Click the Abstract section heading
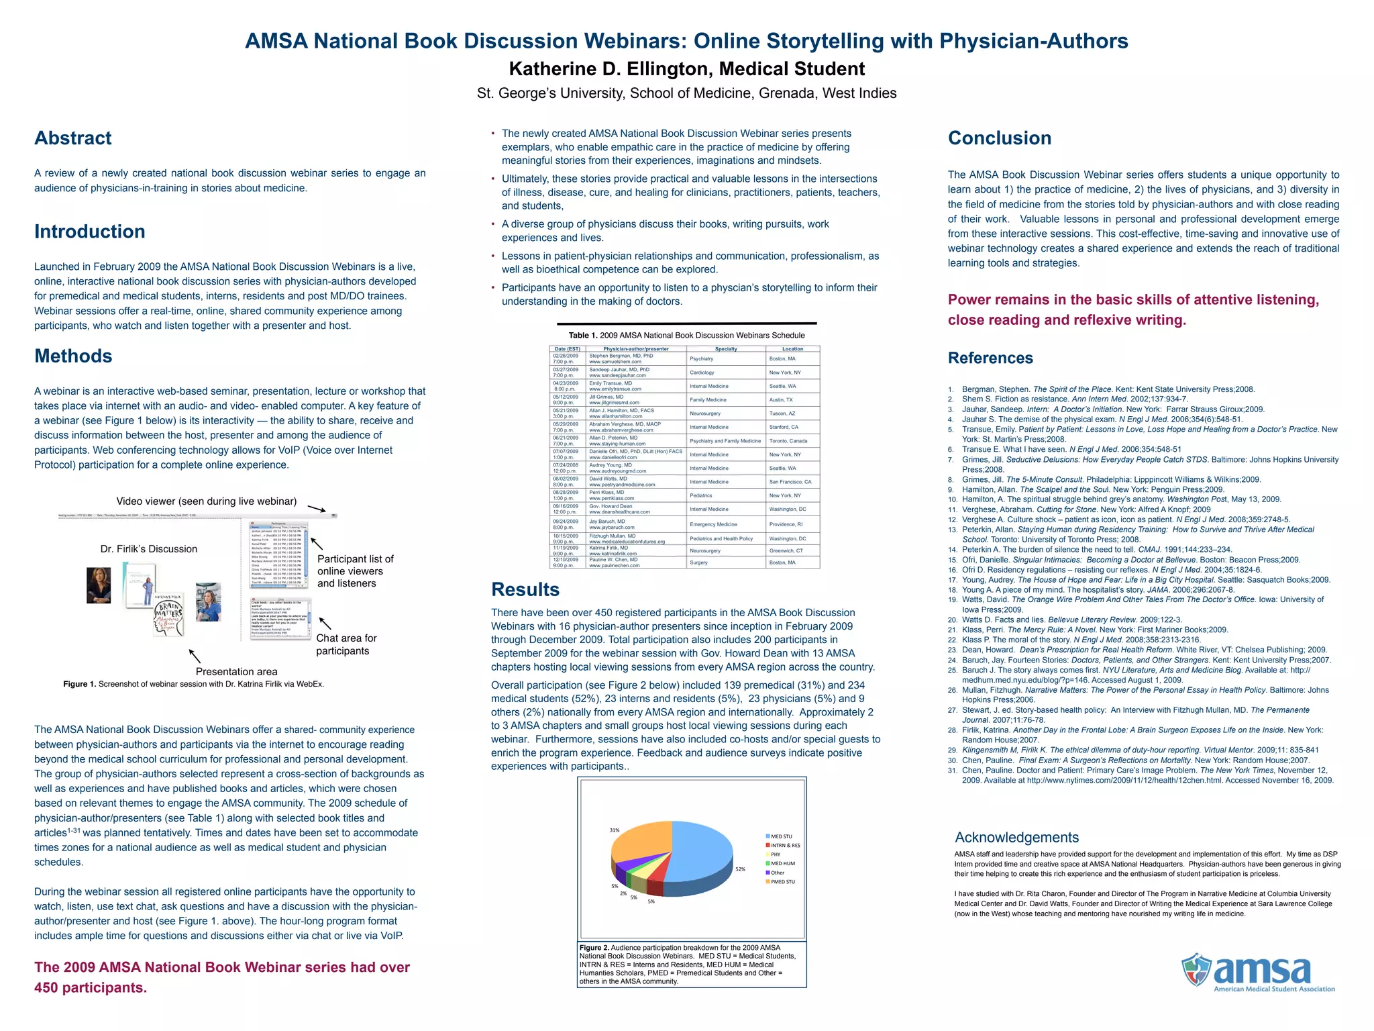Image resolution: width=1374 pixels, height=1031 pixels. click(x=73, y=138)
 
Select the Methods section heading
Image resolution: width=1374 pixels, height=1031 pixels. click(x=73, y=356)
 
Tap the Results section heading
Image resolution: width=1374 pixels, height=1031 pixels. click(x=525, y=589)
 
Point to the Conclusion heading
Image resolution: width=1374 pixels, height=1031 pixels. click(x=999, y=138)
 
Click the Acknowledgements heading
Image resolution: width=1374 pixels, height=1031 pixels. click(x=1016, y=838)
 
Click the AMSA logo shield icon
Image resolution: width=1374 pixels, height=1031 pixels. click(x=1196, y=970)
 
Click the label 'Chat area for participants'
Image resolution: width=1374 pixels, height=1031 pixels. click(x=346, y=644)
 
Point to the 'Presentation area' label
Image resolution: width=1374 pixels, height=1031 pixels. click(x=236, y=672)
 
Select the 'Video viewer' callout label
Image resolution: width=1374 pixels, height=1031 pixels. click(x=207, y=501)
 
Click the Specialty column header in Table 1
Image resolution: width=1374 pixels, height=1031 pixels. click(x=726, y=349)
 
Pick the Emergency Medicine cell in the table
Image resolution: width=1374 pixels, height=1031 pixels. click(x=713, y=524)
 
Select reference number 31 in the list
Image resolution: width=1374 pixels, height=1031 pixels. click(x=952, y=771)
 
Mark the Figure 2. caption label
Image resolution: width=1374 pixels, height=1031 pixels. click(x=594, y=948)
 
